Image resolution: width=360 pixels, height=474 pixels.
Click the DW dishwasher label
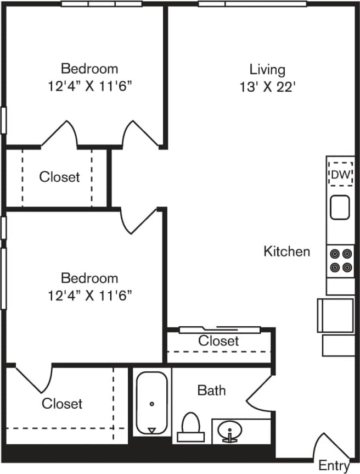coord(340,175)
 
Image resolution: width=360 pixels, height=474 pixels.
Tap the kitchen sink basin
coord(340,207)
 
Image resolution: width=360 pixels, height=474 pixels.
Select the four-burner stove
coord(340,260)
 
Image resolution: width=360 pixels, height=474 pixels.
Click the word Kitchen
coord(287,252)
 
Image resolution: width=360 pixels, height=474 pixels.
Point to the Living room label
coord(267,70)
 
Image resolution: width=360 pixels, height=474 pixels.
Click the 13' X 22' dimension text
coord(267,87)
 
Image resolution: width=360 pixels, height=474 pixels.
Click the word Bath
coord(211,391)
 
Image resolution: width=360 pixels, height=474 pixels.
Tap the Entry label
coord(334,465)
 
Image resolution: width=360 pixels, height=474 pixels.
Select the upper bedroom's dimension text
coord(89,86)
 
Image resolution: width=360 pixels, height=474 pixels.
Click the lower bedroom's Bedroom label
coord(89,278)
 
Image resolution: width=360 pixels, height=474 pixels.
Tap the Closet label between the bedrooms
coord(59,177)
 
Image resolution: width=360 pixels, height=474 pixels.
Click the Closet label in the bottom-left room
coord(62,404)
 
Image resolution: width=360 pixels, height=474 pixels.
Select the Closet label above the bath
coord(218,341)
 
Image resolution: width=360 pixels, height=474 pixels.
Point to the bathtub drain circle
coord(151,404)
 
